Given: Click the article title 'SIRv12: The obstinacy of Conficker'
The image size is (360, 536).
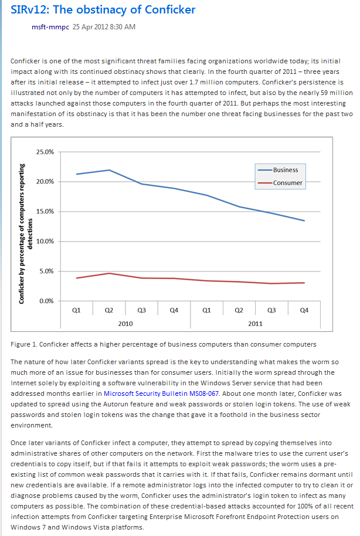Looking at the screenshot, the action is point(103,9).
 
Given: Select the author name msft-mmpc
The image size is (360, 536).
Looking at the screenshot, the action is point(50,27).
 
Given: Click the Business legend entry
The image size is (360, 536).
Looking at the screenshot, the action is point(278,170).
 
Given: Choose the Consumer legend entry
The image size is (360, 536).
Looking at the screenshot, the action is point(280,183).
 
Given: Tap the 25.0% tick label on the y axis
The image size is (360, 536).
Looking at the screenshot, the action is point(45,152).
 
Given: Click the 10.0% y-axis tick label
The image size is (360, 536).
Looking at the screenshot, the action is point(45,242).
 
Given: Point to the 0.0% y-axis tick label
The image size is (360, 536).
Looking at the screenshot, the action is point(46,301).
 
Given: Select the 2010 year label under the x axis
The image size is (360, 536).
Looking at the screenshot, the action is point(125,324).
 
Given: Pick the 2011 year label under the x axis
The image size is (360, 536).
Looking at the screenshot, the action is point(256,324).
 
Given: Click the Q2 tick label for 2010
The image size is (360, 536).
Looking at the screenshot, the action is point(108,310).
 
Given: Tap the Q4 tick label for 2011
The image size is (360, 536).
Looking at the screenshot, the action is point(304,310).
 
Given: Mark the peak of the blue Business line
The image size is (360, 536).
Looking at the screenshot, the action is point(109,170).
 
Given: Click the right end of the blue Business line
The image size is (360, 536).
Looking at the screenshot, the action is point(304,221).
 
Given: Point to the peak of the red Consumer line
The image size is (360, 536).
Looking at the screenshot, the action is point(109,273).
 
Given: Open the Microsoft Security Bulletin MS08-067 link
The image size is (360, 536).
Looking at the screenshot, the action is point(161,393).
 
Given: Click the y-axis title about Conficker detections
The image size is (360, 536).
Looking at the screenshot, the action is point(26,234).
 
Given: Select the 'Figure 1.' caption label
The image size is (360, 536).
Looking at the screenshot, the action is point(24,344).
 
